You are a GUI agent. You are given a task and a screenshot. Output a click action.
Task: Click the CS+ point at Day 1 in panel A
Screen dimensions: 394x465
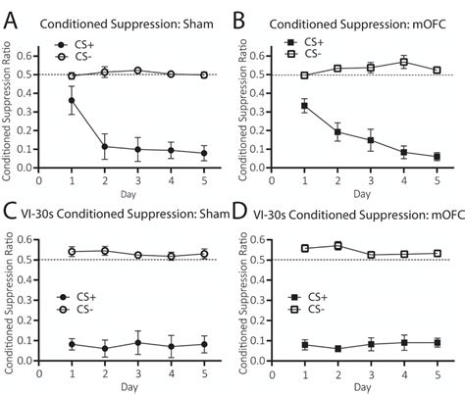(72, 100)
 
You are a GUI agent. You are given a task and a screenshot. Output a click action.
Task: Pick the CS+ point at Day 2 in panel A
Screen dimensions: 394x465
(103, 146)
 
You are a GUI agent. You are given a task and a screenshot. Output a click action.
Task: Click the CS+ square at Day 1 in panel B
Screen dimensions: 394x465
(306, 105)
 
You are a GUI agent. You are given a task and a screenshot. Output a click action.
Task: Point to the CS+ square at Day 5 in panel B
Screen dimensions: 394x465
(437, 156)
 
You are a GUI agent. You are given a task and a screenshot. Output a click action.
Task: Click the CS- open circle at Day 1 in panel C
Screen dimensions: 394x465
(72, 252)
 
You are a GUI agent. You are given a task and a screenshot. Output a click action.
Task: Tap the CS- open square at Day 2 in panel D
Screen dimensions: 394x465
(338, 246)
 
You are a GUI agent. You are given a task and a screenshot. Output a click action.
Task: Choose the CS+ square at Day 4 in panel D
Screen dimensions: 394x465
(404, 342)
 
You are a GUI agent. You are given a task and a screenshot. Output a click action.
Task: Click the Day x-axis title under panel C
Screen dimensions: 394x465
(120, 386)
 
